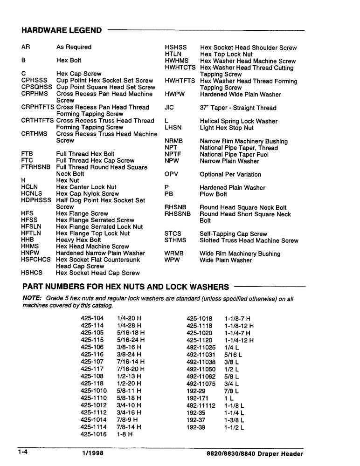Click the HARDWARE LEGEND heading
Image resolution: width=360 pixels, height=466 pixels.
pyautogui.click(x=62, y=31)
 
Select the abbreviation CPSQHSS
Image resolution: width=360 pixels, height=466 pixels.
pyautogui.click(x=37, y=87)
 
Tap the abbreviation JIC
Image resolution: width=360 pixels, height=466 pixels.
pyautogui.click(x=169, y=108)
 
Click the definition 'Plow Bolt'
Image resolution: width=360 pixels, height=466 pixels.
pyautogui.click(x=213, y=194)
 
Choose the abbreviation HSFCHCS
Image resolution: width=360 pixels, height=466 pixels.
pyautogui.click(x=36, y=260)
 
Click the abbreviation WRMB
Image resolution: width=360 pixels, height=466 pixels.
pyautogui.click(x=174, y=254)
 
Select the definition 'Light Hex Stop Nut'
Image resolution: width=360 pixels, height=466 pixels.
pyautogui.click(x=227, y=128)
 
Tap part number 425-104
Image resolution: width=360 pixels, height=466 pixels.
pyautogui.click(x=92, y=319)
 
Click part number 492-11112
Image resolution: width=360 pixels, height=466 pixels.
pyautogui.click(x=201, y=405)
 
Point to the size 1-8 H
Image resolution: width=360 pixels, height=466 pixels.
pyautogui.click(x=125, y=434)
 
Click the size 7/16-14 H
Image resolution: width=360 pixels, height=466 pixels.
pyautogui.click(x=131, y=362)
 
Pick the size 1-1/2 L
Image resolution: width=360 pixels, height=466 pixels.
pyautogui.click(x=234, y=427)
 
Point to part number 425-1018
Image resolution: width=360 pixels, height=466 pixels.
pyautogui.click(x=199, y=319)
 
